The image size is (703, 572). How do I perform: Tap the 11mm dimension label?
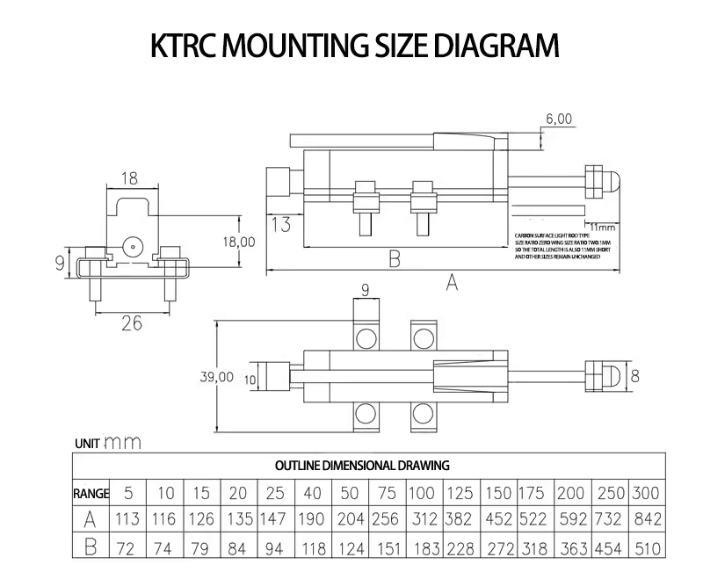(602, 228)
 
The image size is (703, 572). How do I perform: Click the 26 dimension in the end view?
(130, 323)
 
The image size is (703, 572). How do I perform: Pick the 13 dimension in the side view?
(281, 224)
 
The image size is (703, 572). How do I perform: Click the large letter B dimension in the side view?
(395, 258)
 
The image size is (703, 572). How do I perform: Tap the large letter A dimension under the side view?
(452, 282)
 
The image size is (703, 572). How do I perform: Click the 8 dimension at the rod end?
(635, 375)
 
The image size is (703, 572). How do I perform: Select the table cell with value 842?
(646, 519)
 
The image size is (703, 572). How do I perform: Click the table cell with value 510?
(646, 549)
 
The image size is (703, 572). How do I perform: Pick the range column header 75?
(388, 493)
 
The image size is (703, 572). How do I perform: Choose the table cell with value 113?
(128, 519)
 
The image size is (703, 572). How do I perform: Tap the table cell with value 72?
(128, 549)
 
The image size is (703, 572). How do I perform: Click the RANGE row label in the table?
(91, 493)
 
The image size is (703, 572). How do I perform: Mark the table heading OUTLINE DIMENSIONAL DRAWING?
(363, 465)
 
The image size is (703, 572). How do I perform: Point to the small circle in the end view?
(132, 247)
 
